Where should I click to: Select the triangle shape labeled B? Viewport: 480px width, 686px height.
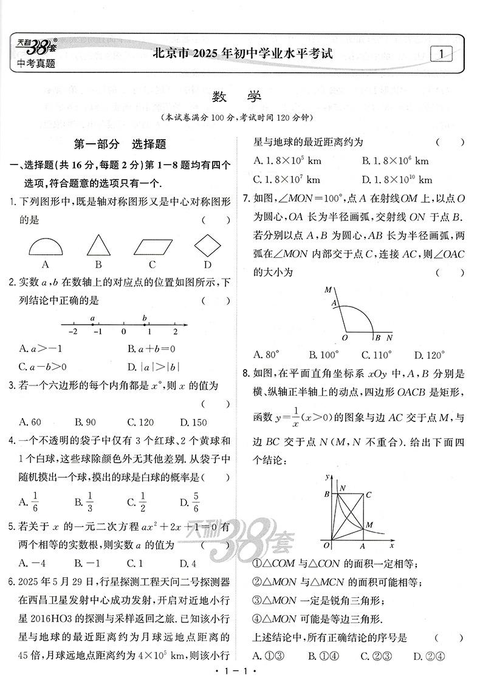click(98, 246)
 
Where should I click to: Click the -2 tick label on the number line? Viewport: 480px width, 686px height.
click(73, 332)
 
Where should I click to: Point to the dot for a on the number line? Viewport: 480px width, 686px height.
click(93, 325)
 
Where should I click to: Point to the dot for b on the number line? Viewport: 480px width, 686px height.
click(145, 325)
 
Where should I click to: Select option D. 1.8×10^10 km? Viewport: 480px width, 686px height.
click(397, 180)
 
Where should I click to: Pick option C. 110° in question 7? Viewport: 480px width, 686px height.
click(376, 355)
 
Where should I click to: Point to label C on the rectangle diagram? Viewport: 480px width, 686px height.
click(368, 495)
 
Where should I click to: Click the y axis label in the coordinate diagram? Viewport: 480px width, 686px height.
click(326, 474)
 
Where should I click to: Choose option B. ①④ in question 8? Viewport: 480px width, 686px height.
click(322, 656)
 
